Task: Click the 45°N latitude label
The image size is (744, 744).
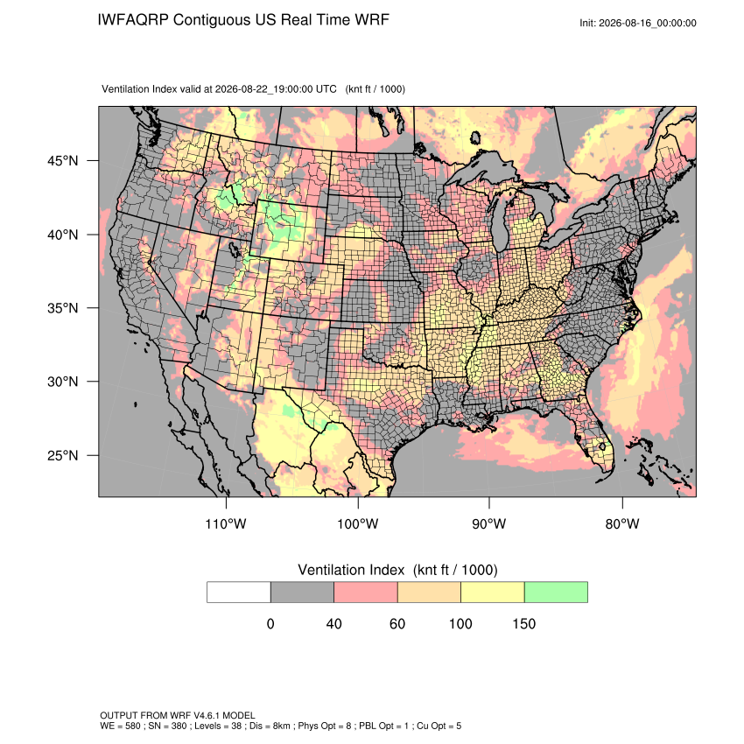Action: pyautogui.click(x=62, y=161)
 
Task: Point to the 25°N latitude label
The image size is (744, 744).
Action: pyautogui.click(x=62, y=455)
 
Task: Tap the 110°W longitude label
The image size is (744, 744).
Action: pyautogui.click(x=226, y=523)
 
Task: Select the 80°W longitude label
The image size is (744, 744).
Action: pyautogui.click(x=622, y=523)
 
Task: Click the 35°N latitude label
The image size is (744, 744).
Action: pyautogui.click(x=62, y=308)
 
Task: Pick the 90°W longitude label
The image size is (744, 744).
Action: pyautogui.click(x=488, y=523)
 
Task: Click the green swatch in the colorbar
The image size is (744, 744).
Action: pyautogui.click(x=556, y=593)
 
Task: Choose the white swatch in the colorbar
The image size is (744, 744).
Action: pyautogui.click(x=239, y=593)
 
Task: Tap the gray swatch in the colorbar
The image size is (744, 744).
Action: pyautogui.click(x=302, y=593)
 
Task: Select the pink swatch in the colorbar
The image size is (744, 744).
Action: pyautogui.click(x=366, y=593)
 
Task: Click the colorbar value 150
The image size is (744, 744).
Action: pyautogui.click(x=523, y=623)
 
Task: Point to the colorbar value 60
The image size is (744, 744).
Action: pyautogui.click(x=397, y=623)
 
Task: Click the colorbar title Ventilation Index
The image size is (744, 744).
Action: pyautogui.click(x=351, y=570)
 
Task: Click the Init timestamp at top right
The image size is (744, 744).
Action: pyautogui.click(x=638, y=23)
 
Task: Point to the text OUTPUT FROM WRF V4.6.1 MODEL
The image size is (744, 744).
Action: pyautogui.click(x=178, y=715)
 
